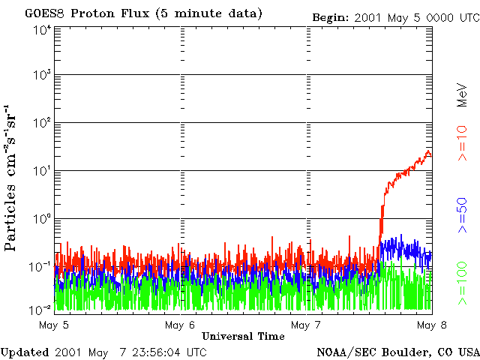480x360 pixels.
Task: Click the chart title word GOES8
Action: (x=45, y=13)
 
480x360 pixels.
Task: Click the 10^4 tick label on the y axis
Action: (x=42, y=31)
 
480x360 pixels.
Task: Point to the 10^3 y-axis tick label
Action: (x=42, y=75)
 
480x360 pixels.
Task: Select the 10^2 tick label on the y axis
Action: (x=42, y=123)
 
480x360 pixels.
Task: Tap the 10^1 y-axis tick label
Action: (x=42, y=172)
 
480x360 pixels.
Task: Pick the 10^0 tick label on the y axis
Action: (x=42, y=220)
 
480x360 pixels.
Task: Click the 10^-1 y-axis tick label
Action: (x=40, y=267)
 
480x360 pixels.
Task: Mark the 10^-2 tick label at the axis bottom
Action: (x=40, y=310)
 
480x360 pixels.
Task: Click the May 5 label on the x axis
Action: (x=54, y=325)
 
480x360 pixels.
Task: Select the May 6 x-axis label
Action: (x=180, y=325)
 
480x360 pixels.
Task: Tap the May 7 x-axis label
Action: (x=306, y=325)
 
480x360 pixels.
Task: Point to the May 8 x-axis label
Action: (x=432, y=325)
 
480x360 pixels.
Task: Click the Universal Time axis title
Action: (x=243, y=336)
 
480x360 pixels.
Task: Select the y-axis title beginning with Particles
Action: (x=10, y=178)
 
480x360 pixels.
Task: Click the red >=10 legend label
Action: (x=462, y=143)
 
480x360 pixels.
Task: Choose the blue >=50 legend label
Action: (x=462, y=215)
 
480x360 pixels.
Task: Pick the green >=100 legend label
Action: (x=462, y=283)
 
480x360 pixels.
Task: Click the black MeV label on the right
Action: (x=462, y=95)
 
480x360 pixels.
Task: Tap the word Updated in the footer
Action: (x=25, y=352)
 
